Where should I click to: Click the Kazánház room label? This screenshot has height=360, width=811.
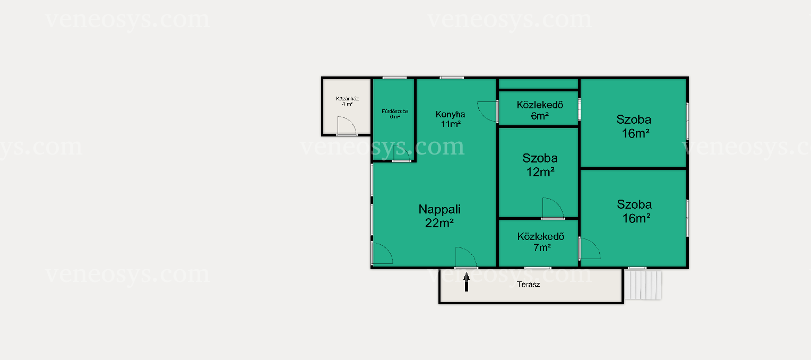347,101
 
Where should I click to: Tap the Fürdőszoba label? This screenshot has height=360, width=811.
395,114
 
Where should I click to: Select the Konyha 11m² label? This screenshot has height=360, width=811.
451,119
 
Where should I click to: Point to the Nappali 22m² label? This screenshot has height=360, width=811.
439,216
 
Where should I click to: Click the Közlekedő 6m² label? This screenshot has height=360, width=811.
540,110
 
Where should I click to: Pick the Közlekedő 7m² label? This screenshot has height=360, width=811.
541,242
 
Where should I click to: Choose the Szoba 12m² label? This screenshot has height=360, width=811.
540,165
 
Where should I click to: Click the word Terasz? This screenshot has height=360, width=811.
528,284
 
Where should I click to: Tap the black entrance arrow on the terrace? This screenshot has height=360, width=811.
467,282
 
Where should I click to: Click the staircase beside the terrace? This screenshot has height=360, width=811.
643,285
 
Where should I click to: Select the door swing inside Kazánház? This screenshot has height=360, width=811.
347,126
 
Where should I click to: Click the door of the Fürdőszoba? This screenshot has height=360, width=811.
402,153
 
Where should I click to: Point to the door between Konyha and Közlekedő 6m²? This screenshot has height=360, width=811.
487,112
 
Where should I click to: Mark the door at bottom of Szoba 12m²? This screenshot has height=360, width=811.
553,208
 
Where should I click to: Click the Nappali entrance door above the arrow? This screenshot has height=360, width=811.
466,258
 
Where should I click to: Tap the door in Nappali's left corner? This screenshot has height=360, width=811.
382,253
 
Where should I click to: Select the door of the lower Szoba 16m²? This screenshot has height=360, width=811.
590,248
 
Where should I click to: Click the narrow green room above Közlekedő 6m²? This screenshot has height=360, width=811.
538,84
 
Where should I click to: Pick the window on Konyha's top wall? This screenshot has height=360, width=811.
452,78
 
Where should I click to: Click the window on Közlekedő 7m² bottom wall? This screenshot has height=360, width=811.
538,268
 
